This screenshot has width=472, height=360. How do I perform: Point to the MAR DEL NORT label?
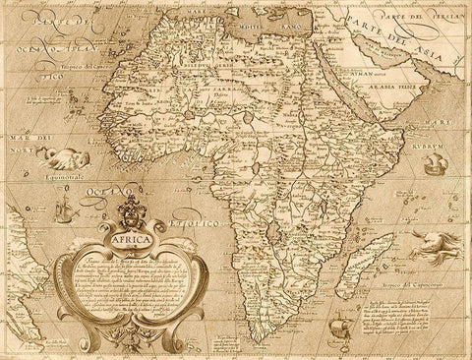[22, 145]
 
